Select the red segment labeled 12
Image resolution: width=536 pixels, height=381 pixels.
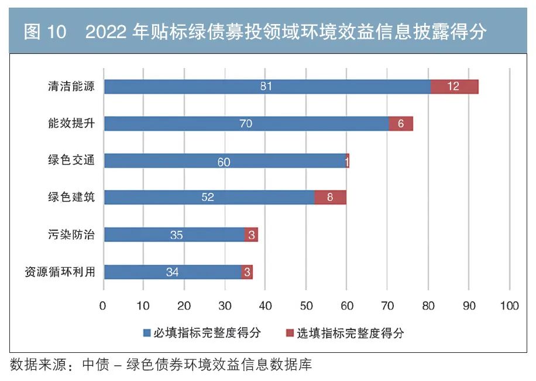[x=454, y=87]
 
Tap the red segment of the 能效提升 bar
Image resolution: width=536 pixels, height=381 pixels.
[x=401, y=124]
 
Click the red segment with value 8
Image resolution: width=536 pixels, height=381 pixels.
[x=330, y=198]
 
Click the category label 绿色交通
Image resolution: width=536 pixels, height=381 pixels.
[x=71, y=160]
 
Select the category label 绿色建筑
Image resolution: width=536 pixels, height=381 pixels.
[x=71, y=197]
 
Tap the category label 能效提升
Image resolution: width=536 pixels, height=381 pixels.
[x=71, y=123]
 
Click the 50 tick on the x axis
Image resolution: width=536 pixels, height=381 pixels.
[x=306, y=305]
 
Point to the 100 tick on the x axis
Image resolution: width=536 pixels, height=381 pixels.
[x=510, y=305]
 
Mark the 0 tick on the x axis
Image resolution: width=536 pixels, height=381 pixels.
[x=104, y=305]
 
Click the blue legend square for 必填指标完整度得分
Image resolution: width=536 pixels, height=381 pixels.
[x=147, y=334]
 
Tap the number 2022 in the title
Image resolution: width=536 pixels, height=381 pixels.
[x=107, y=33]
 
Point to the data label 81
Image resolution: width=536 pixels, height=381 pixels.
[x=266, y=87]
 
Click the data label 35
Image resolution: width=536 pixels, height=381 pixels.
[x=176, y=235]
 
